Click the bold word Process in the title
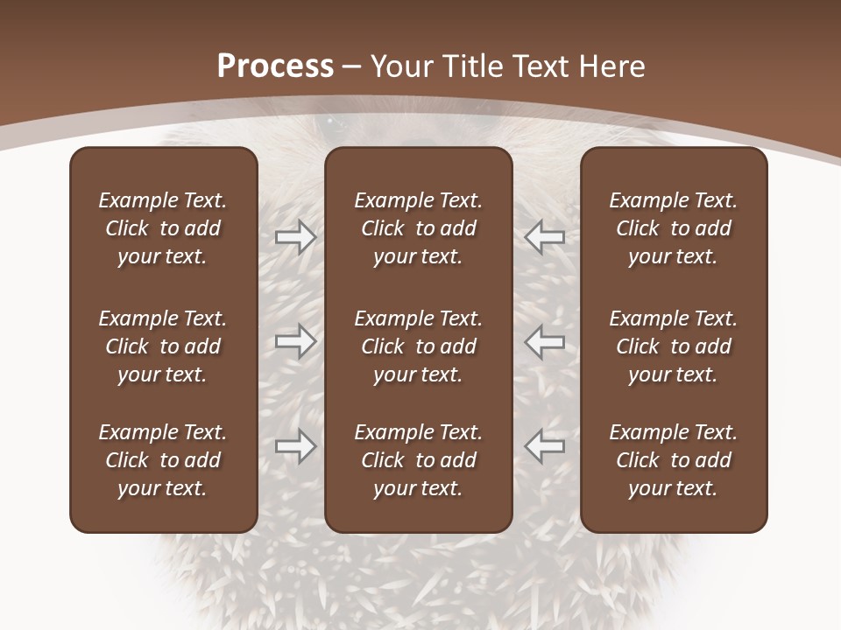click(x=275, y=66)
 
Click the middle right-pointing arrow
click(x=296, y=341)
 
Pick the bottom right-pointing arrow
click(x=296, y=446)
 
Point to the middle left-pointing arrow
click(x=545, y=341)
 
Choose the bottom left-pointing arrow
click(x=545, y=446)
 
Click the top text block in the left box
click(x=163, y=228)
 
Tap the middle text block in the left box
click(x=163, y=346)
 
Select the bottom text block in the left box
click(x=163, y=460)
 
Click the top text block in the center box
click(x=419, y=228)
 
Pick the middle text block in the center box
click(x=419, y=346)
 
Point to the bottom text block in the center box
click(x=419, y=460)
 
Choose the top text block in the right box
click(x=674, y=228)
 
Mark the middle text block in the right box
click(x=674, y=346)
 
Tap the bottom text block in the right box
click(x=674, y=460)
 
